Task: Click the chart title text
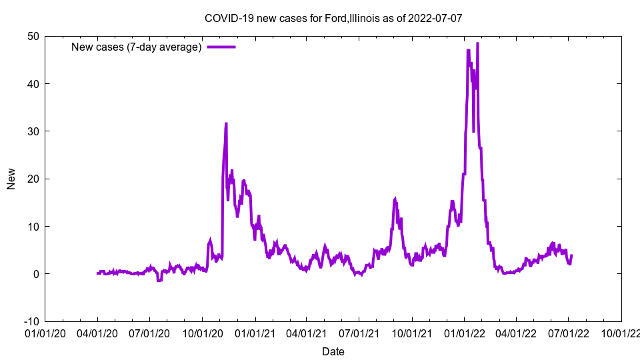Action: coord(333,18)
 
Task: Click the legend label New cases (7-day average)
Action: coord(137,47)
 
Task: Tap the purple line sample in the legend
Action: coord(221,47)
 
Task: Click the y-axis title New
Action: coord(11,179)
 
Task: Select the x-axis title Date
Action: coord(333,351)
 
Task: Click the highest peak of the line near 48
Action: coord(477,43)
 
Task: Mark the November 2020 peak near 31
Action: coord(226,123)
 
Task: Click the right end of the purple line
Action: coord(571,255)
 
